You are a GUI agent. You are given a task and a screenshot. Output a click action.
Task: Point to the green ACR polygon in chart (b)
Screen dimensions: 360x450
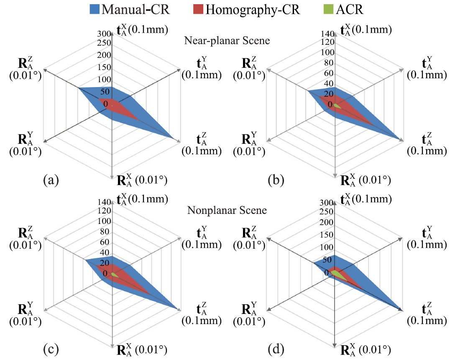(x=337, y=106)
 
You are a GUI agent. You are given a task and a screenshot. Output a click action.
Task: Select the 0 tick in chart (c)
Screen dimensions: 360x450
(x=105, y=274)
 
